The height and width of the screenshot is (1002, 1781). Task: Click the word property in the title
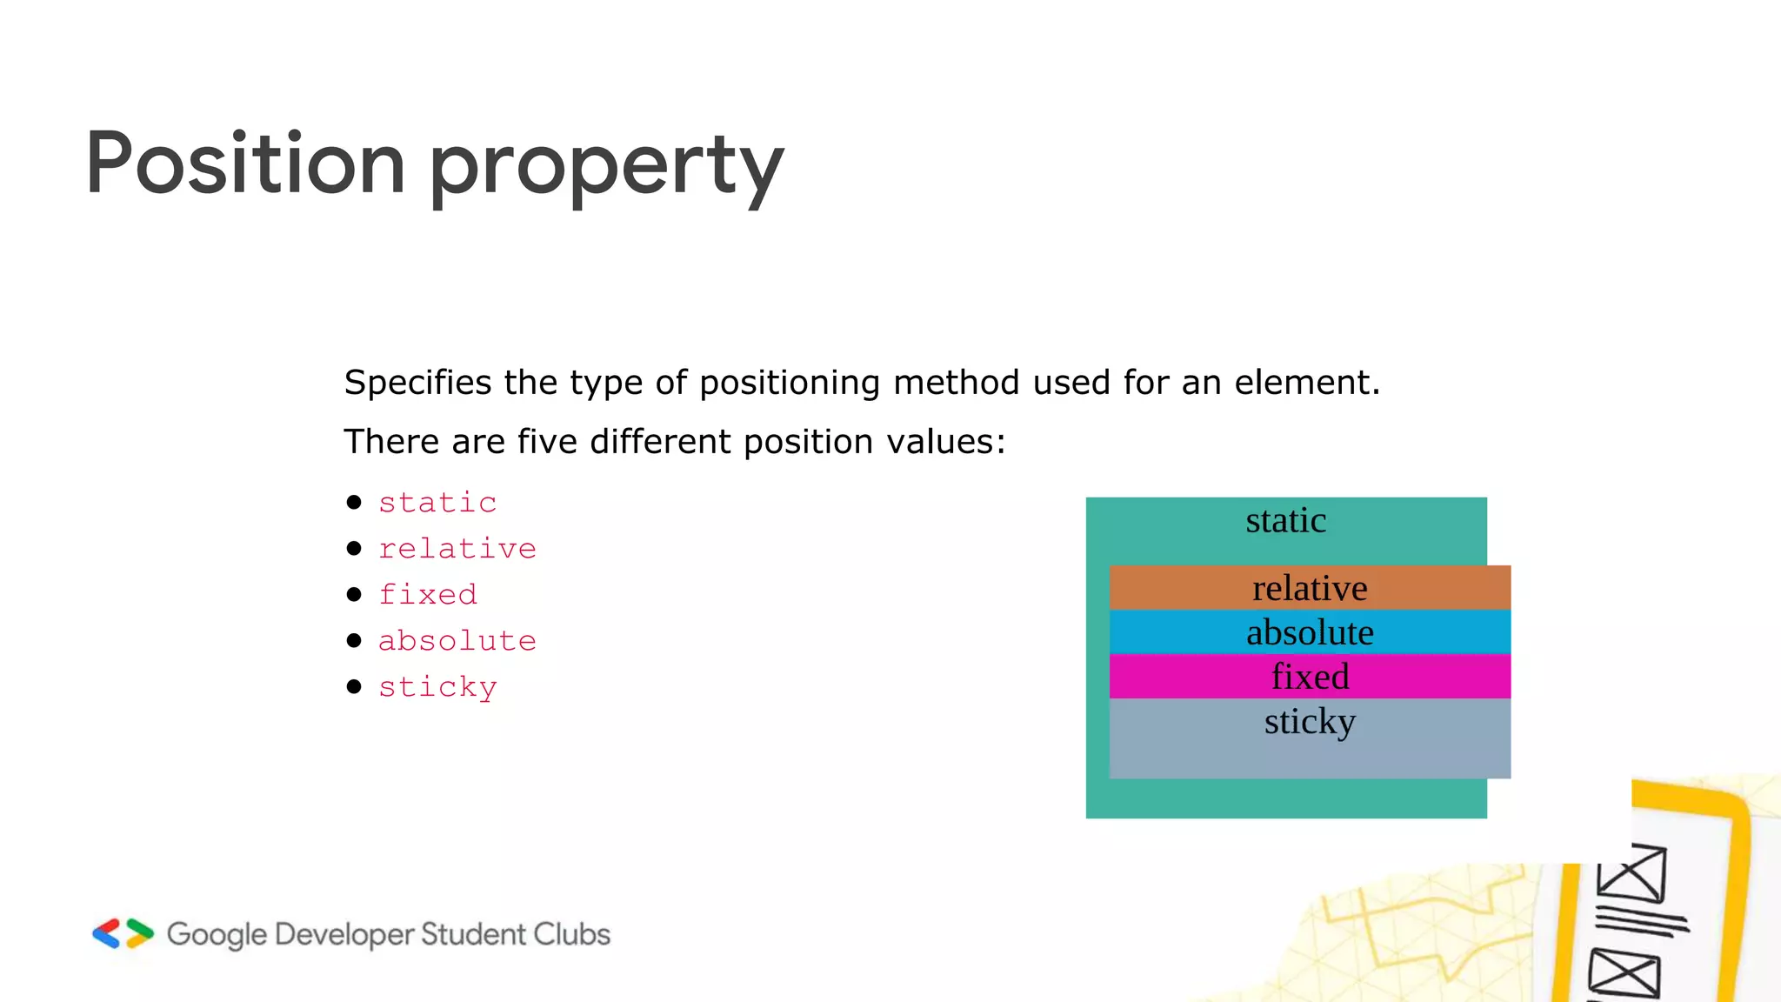[x=606, y=167]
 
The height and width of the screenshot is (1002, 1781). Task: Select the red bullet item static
[x=437, y=503]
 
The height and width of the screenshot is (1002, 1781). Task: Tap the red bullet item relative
[x=457, y=549]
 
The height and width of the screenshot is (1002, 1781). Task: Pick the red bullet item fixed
[x=428, y=595]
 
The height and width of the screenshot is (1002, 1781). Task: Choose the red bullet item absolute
[x=457, y=641]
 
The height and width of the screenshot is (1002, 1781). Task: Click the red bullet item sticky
[x=437, y=687]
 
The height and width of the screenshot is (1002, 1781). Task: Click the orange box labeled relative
[x=1310, y=588]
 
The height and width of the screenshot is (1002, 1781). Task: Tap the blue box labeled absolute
[x=1310, y=632]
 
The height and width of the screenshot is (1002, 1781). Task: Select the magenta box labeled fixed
[x=1310, y=677]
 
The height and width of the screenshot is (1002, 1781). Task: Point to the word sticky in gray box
[x=1310, y=722]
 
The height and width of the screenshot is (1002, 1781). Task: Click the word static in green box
[x=1285, y=521]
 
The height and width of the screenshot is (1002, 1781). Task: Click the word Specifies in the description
[x=417, y=383]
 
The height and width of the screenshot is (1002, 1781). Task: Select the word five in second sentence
[x=547, y=442]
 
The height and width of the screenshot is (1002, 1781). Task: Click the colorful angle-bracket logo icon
[x=123, y=933]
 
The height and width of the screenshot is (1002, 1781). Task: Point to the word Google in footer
[x=217, y=935]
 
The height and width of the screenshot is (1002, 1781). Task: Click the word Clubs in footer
[x=571, y=934]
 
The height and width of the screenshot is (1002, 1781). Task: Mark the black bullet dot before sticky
[x=354, y=687]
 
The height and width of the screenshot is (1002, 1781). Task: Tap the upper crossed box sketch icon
[x=1631, y=873]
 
